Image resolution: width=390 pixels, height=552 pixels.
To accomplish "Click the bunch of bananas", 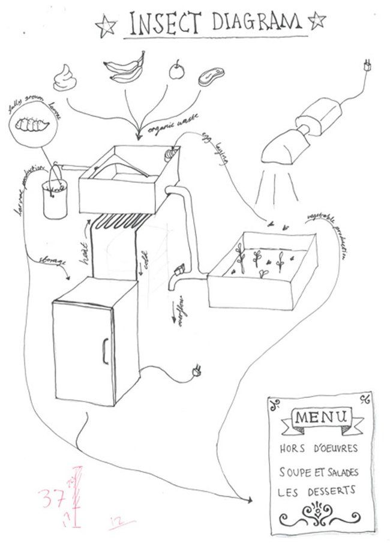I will (125, 68).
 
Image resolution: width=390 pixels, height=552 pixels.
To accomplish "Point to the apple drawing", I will (176, 71).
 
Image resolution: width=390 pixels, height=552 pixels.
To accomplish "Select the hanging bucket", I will (55, 196).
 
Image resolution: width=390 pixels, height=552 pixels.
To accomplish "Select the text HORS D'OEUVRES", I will (319, 448).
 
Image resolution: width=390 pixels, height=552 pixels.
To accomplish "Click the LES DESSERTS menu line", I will (317, 490).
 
